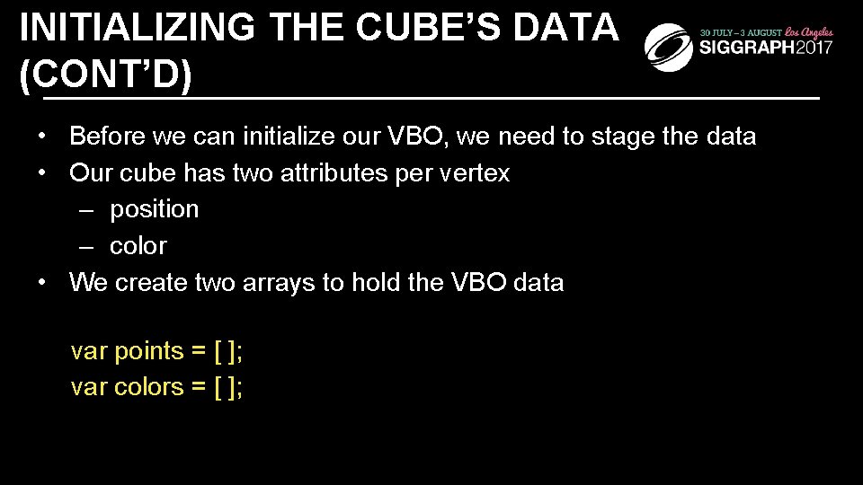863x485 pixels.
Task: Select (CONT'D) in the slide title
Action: click(x=106, y=75)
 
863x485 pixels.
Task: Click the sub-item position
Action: click(x=154, y=209)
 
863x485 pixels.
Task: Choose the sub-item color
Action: click(x=138, y=245)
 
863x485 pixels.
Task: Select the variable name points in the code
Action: click(x=148, y=350)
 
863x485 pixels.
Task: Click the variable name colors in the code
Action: click(x=148, y=386)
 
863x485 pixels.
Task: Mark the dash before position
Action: click(x=85, y=209)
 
